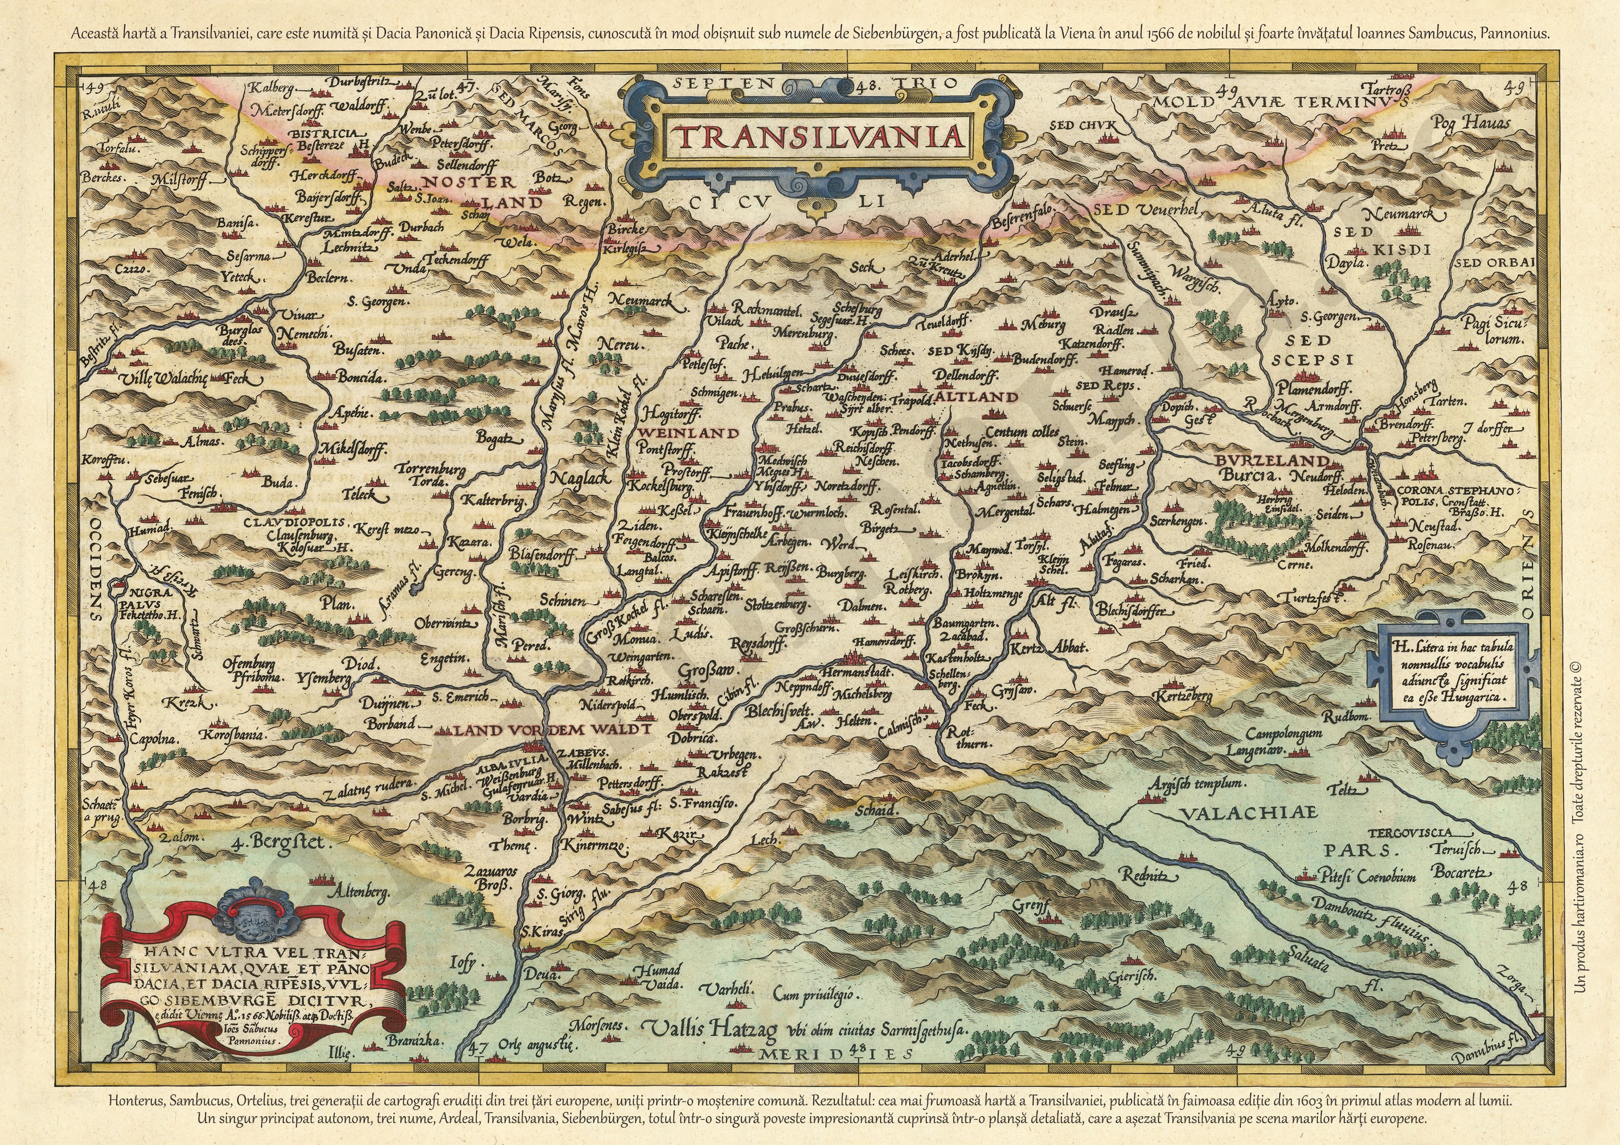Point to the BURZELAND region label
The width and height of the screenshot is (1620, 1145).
point(1272,461)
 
